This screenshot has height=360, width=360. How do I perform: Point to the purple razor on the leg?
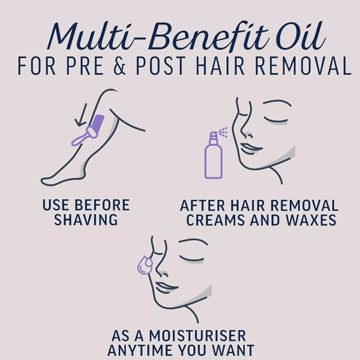[x=88, y=130]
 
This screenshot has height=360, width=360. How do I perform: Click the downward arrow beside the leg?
[x=82, y=115]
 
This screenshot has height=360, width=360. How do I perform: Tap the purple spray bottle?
[x=213, y=155]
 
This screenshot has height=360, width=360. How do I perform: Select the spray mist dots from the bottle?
[x=223, y=132]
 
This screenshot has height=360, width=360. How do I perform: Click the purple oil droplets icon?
[x=145, y=265]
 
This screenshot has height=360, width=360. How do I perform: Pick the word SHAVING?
[x=86, y=220]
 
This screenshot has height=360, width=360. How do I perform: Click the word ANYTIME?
[x=140, y=350]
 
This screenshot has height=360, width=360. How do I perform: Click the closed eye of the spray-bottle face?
[x=275, y=120]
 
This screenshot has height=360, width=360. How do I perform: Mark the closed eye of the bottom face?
[x=192, y=259]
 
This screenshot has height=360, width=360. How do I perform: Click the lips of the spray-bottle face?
[x=251, y=148]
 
